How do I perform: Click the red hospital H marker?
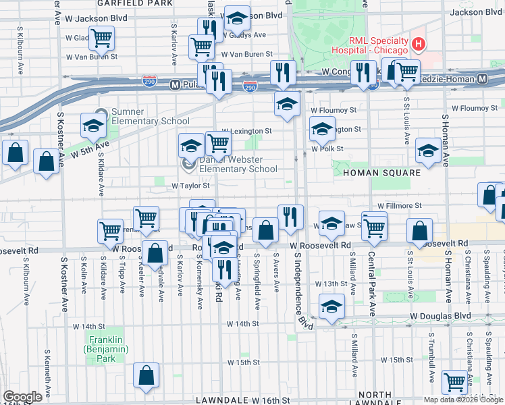419,45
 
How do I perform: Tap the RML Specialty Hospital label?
369,45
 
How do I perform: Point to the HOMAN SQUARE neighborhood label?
381,173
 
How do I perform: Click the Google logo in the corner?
22,397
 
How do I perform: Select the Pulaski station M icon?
174,84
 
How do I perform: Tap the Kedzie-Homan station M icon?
483,79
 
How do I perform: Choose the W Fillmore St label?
400,205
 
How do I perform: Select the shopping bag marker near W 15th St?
146,376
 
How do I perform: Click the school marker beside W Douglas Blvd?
331,306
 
